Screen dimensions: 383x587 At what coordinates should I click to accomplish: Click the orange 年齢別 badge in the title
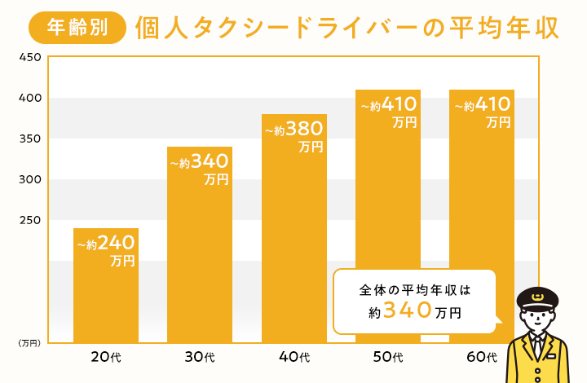coord(77,28)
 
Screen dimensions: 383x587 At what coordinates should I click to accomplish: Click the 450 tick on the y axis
coord(30,57)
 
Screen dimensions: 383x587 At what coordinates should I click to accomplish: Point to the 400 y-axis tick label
coord(30,98)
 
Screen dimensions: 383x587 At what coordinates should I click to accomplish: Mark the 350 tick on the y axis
coord(30,139)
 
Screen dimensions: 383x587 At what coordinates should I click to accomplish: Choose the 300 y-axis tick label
coord(30,179)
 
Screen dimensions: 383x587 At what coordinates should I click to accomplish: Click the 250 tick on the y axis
coord(30,220)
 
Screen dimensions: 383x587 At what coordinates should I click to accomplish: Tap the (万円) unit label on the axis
coord(29,343)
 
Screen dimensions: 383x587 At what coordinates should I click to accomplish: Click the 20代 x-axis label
coord(106,357)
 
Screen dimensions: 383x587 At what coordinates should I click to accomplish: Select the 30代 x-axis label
coord(200,357)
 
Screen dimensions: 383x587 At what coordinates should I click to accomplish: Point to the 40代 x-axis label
coord(294,357)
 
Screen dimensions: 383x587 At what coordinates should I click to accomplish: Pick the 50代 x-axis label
coord(388,357)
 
